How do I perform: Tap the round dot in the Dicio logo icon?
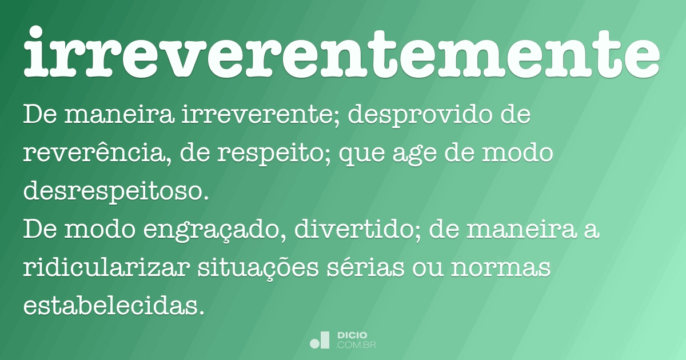(x=315, y=343)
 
